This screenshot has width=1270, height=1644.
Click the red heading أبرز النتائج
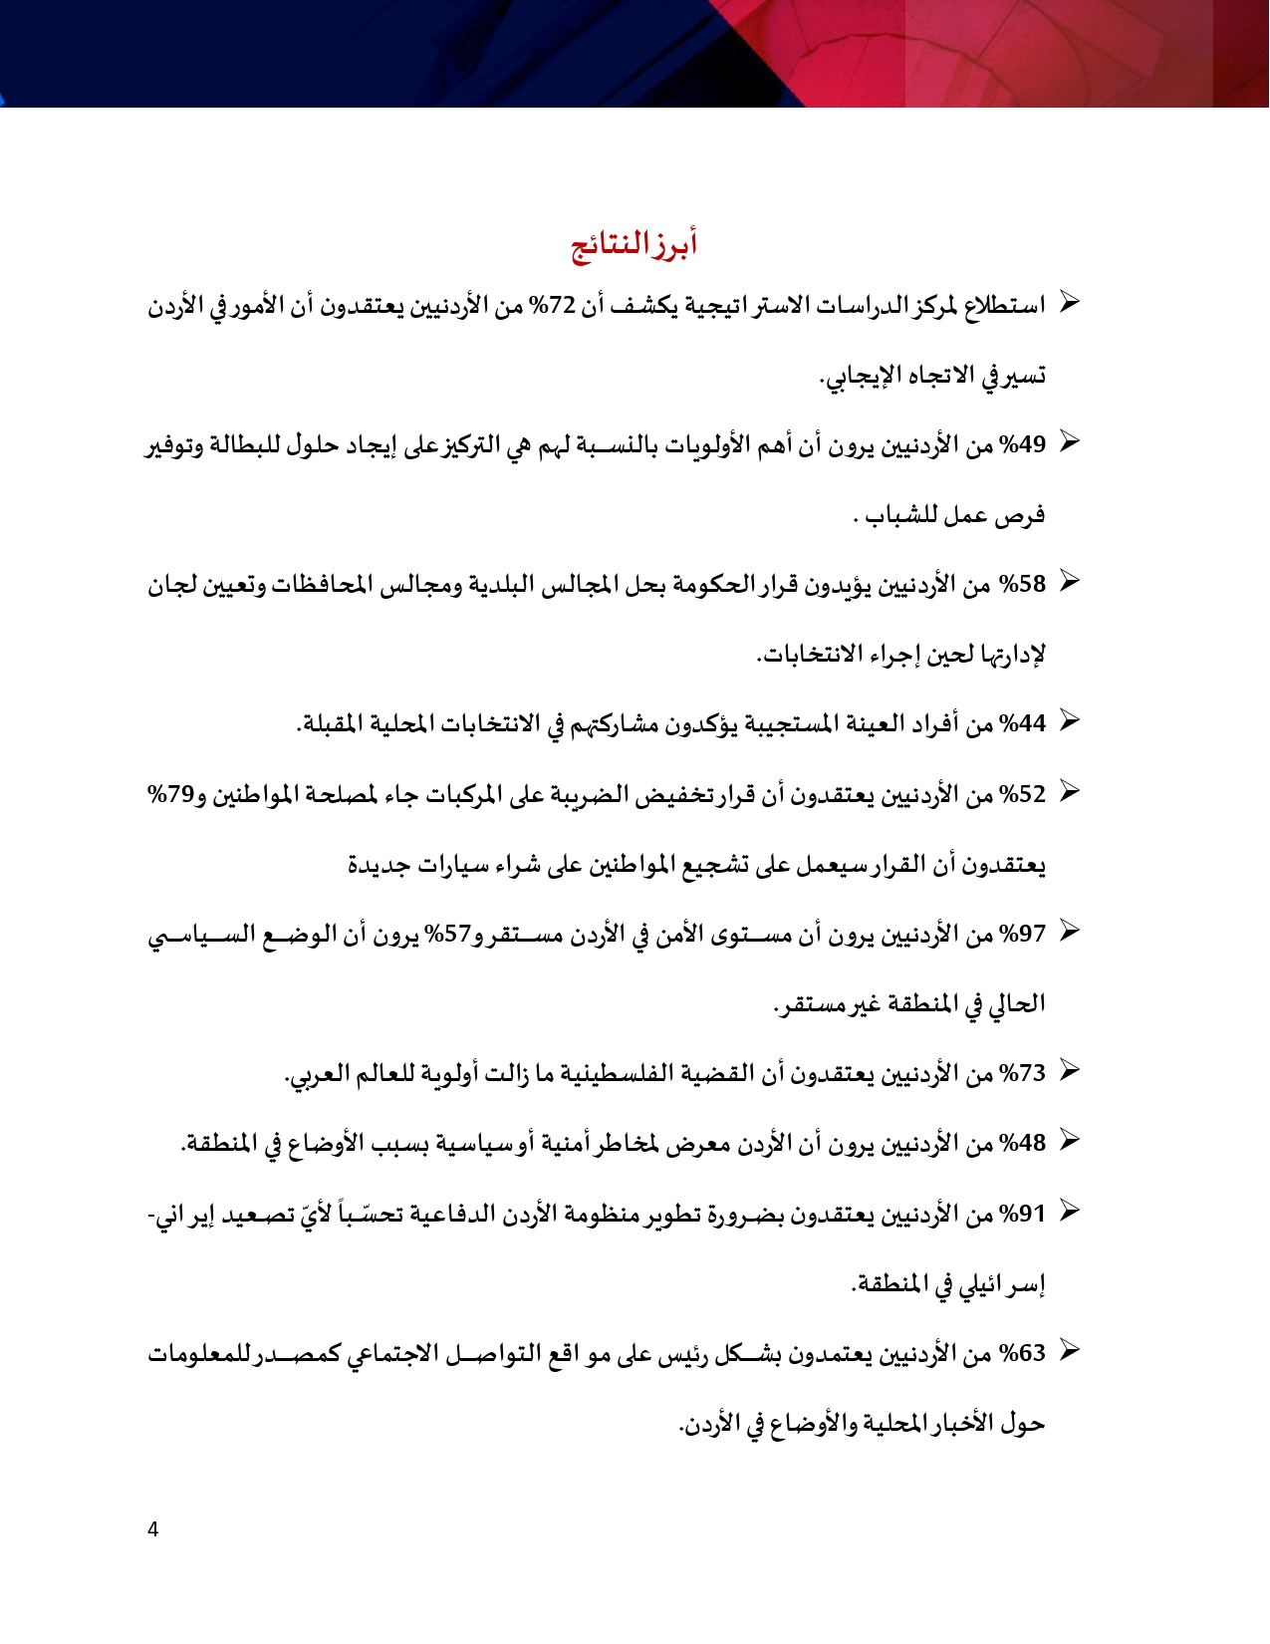coord(635,244)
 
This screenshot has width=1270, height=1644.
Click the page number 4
coord(152,1529)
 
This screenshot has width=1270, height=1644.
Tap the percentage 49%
coord(1023,445)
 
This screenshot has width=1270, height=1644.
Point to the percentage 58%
coord(1023,585)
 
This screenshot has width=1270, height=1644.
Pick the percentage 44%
coord(1023,724)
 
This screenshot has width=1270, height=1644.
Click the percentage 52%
coord(1023,794)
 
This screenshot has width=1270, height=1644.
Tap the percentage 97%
coord(1023,934)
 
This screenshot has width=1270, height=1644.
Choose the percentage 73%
coord(1023,1073)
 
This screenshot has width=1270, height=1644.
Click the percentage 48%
coord(1023,1143)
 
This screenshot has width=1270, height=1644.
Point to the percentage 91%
coord(1023,1214)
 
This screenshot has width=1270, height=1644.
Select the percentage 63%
coord(1023,1353)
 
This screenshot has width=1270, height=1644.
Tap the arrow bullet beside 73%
coord(1068,1070)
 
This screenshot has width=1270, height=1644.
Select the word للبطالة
coord(240,445)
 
